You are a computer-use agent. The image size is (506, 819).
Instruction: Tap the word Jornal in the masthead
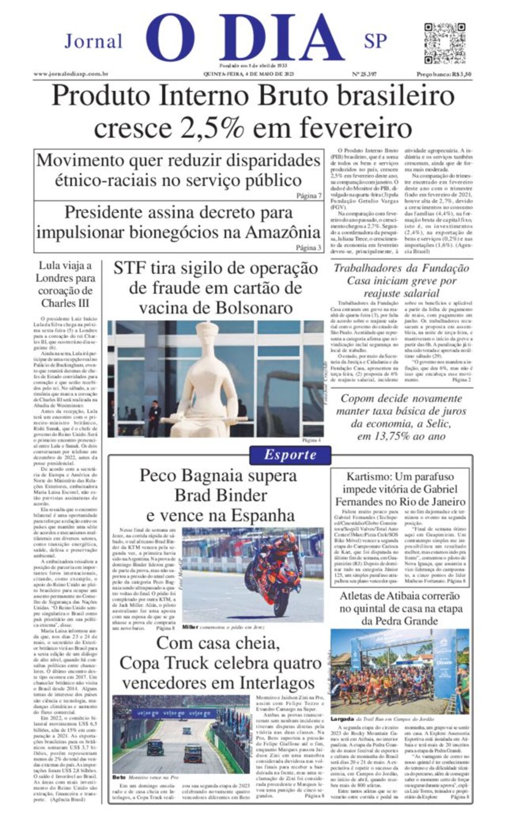click(93, 41)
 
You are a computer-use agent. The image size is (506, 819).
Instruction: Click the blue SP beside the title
click(375, 41)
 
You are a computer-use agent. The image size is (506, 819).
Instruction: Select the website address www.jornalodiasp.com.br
click(71, 74)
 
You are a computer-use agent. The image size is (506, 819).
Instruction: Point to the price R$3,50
click(461, 74)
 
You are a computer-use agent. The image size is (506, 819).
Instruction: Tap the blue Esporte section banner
click(290, 455)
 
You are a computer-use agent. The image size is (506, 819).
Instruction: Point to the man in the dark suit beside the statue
click(155, 417)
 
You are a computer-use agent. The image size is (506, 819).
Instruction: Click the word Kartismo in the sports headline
click(369, 477)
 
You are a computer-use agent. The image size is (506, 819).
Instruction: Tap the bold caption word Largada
click(342, 719)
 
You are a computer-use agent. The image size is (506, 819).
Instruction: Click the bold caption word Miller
click(190, 627)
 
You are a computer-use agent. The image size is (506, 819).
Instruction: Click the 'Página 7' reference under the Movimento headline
click(309, 196)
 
